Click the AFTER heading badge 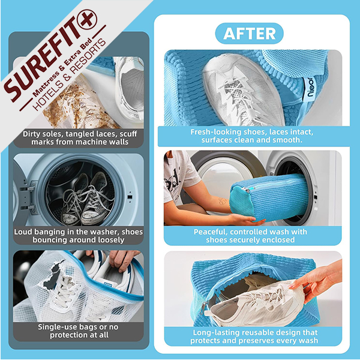(249, 34)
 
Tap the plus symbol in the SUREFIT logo (87, 20)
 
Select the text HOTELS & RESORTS (70, 75)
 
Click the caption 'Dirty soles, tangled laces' (80, 138)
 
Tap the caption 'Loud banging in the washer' (79, 236)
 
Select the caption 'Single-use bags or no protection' (79, 331)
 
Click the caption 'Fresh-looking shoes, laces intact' (251, 136)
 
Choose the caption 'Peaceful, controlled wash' (250, 236)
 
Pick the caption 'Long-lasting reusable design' (254, 337)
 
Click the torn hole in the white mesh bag (53, 275)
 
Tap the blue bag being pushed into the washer (269, 197)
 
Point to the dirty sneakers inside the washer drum (85, 199)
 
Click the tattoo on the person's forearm (222, 201)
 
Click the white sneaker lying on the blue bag (244, 90)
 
